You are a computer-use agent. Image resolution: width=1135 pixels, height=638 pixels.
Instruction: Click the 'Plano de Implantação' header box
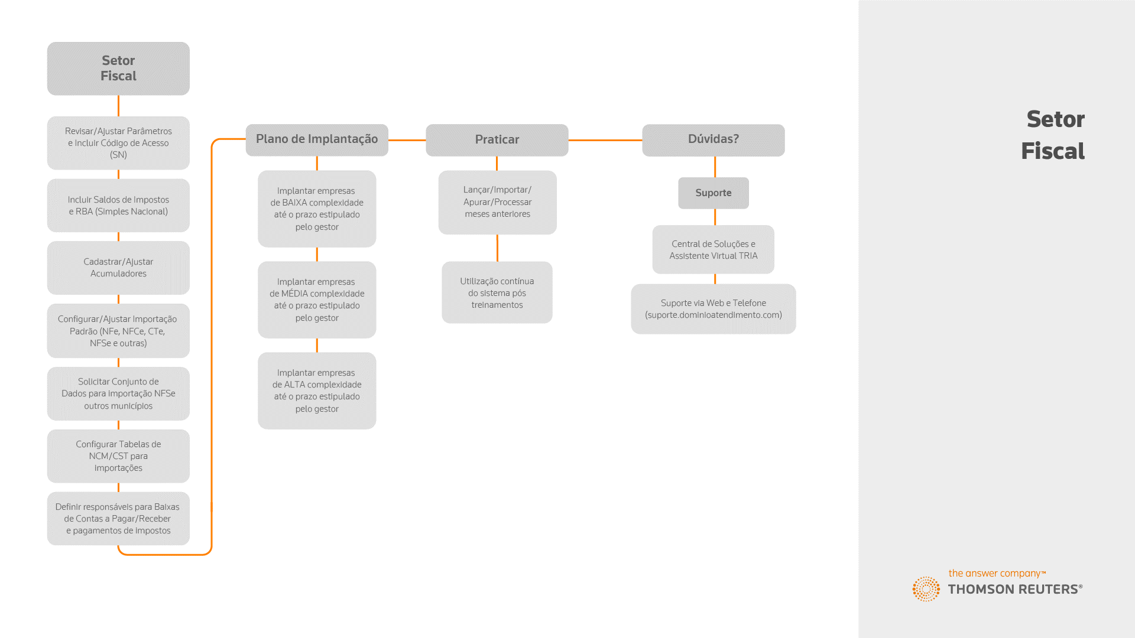tap(317, 140)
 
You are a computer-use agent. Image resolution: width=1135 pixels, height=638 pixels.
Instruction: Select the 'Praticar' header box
tap(497, 140)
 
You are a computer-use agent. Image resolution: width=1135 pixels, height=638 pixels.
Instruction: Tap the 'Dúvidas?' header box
tap(714, 140)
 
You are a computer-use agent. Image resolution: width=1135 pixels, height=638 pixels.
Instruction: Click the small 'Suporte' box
tap(714, 193)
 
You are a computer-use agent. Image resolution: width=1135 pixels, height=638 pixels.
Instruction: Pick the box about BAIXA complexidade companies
tap(317, 209)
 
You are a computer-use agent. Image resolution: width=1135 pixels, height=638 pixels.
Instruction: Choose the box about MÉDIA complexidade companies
tap(317, 300)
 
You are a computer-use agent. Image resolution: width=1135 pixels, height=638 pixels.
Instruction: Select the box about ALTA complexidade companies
tap(317, 391)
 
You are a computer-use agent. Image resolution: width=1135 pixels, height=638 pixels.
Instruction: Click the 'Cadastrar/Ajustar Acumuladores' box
tap(118, 268)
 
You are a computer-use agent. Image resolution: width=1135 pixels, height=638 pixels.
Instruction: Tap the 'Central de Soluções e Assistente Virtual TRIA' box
tap(714, 249)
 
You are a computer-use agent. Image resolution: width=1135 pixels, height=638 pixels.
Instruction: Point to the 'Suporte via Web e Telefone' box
tap(714, 309)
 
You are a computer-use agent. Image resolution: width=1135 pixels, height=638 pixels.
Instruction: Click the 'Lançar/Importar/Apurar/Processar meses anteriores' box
tap(497, 203)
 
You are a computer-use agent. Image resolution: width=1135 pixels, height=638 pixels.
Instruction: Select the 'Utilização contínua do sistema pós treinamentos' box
tap(497, 292)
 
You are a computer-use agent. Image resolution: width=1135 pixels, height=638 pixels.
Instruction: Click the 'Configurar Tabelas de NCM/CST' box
tap(118, 456)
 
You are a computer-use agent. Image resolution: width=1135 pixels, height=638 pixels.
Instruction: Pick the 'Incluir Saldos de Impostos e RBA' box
tap(118, 206)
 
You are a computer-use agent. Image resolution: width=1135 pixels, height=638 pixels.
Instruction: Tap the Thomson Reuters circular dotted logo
tap(926, 589)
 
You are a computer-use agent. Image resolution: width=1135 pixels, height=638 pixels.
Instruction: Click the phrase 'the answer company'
tap(994, 574)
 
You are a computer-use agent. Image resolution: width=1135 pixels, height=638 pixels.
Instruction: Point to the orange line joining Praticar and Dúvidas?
tap(605, 140)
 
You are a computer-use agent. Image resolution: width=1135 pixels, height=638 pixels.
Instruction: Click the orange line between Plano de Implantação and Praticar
tap(407, 140)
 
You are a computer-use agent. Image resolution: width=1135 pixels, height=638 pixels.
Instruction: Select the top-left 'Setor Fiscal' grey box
tap(118, 69)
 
